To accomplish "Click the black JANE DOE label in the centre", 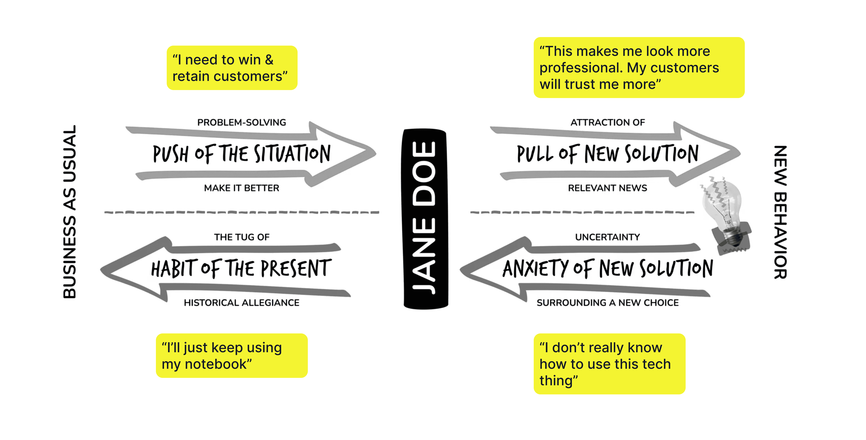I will tap(425, 219).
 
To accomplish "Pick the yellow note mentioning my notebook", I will tap(232, 356).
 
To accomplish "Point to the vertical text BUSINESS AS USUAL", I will tap(70, 212).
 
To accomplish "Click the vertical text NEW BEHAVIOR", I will tap(780, 212).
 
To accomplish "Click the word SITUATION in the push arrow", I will tap(292, 154).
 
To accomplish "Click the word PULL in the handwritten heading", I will tap(535, 154).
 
